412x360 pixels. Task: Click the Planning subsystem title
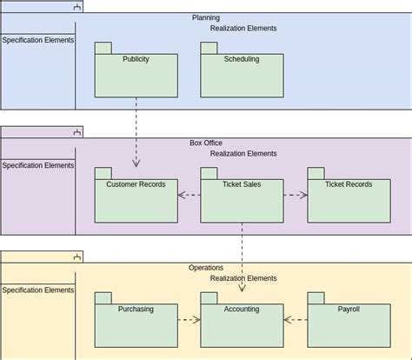(x=206, y=17)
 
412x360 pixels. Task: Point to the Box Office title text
(x=206, y=143)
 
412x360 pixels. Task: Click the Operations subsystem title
(x=206, y=268)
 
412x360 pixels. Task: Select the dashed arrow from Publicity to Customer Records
(x=136, y=130)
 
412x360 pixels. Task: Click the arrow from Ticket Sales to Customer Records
(x=189, y=195)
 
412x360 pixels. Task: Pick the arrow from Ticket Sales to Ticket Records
(x=295, y=195)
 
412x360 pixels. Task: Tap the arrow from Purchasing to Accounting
(x=189, y=320)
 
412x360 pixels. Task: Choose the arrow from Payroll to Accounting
(x=295, y=320)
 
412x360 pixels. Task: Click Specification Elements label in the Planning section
(x=37, y=40)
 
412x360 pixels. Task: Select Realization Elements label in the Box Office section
(x=243, y=154)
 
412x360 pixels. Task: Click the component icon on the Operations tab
(x=77, y=257)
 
